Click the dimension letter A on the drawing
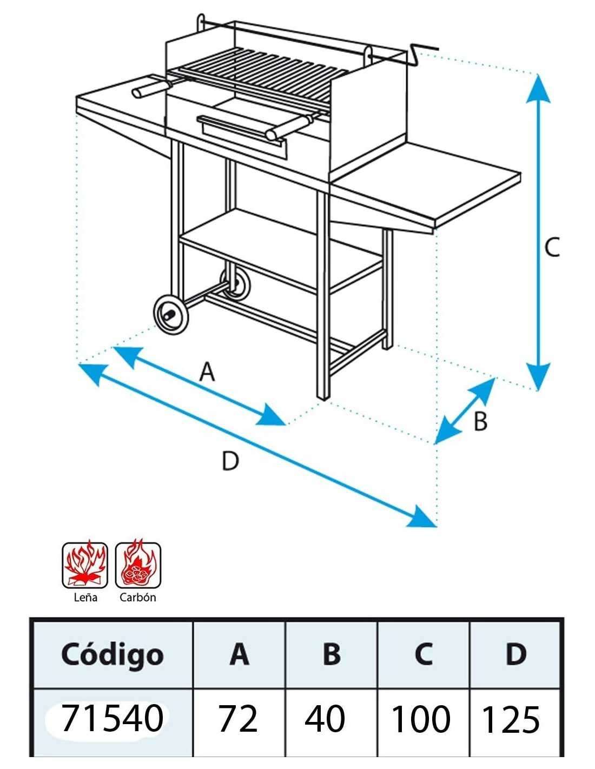pos(207,372)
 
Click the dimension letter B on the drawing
pos(480,421)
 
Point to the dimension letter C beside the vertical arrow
pos(552,248)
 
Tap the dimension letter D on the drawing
pos(230,461)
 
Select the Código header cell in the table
pos(112,654)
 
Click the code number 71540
pos(112,719)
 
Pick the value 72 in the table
pos(238,719)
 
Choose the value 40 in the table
pos(325,719)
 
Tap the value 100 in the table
pos(420,719)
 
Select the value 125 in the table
pos(510,720)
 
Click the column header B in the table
pos(331,654)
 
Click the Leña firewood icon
pos(85,565)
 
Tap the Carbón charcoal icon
pos(138,565)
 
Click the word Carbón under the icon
pos(138,598)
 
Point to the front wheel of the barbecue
pos(171,313)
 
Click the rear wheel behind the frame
pos(237,284)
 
